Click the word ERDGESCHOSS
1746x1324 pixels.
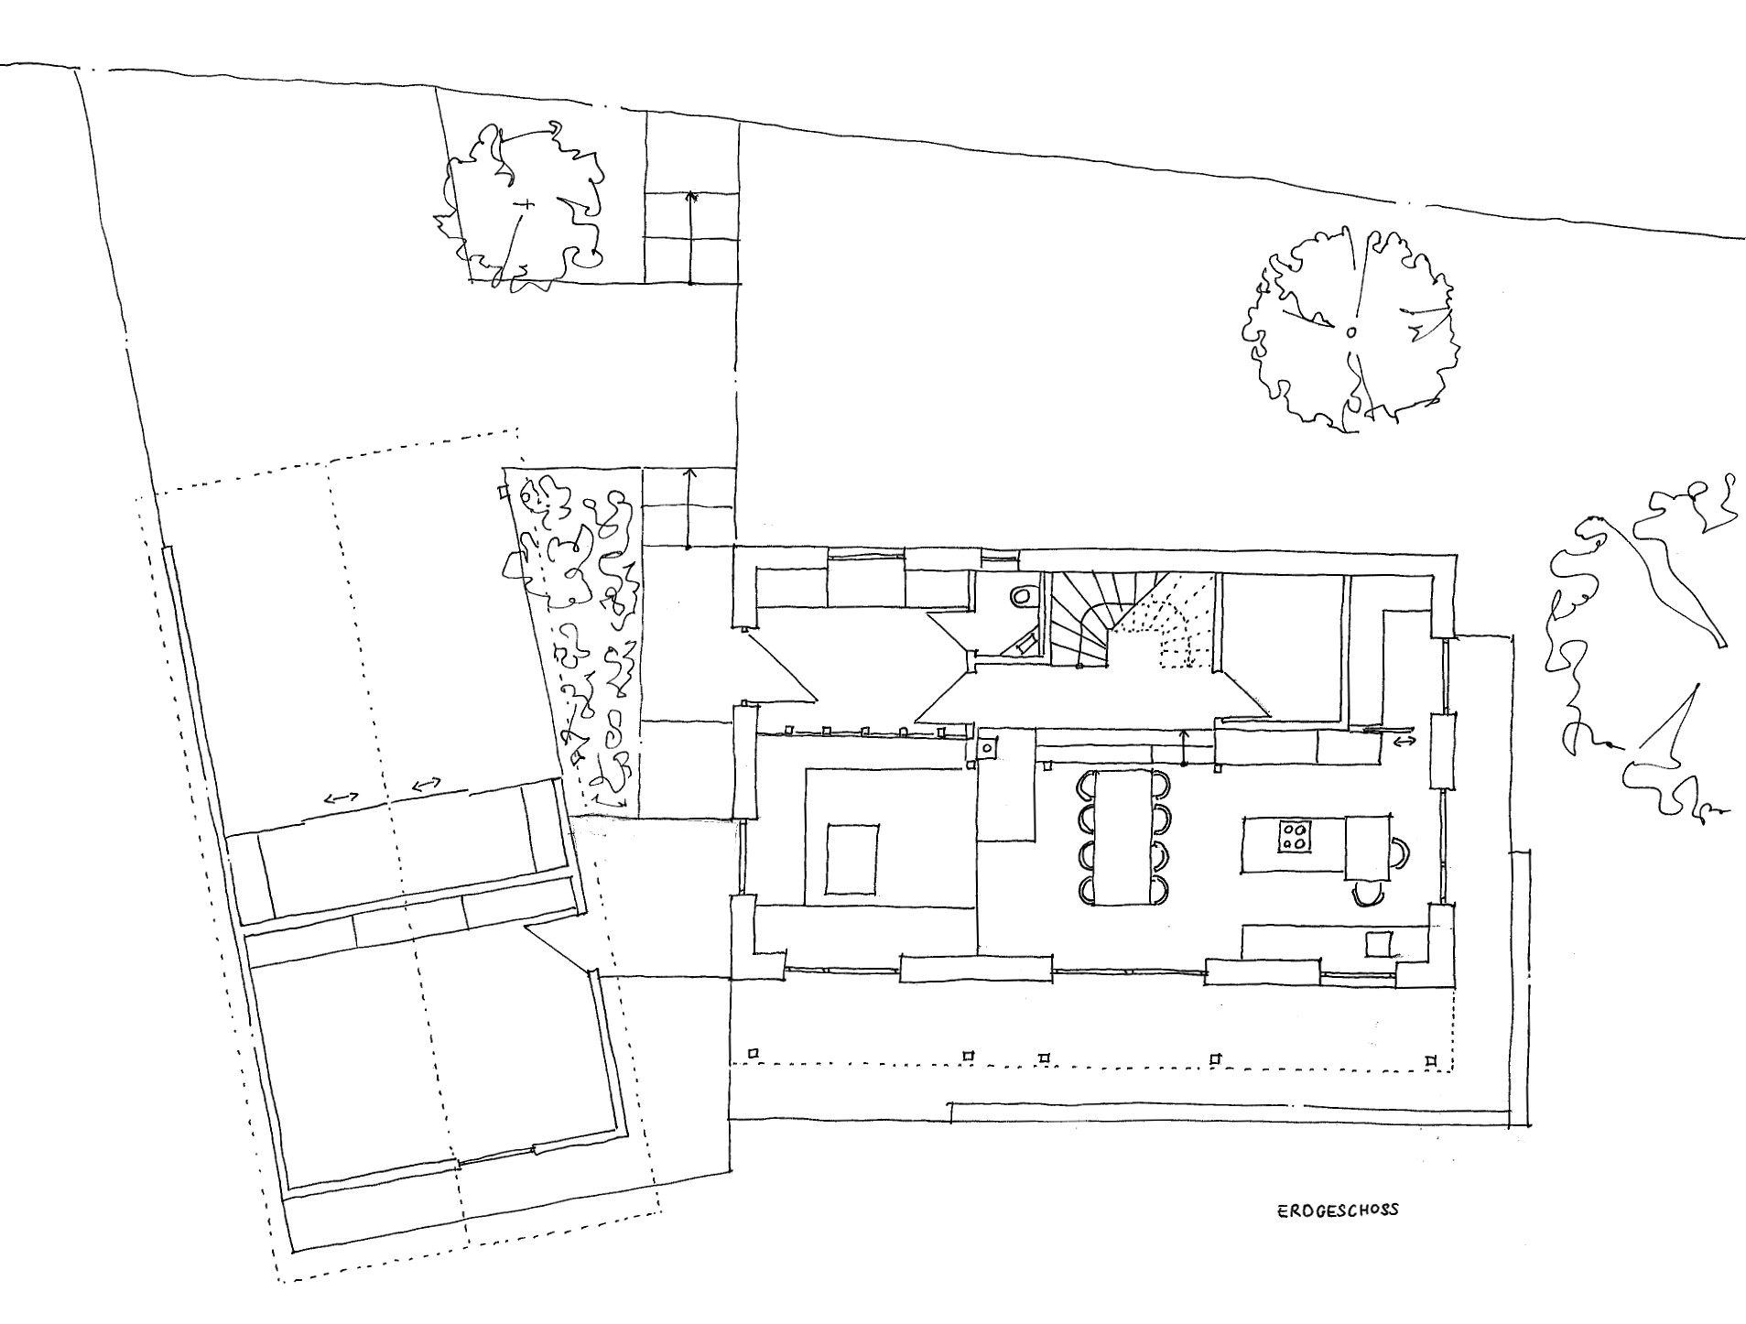(1338, 1210)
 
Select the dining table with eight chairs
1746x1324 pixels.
(1122, 837)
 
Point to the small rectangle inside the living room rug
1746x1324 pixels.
(852, 859)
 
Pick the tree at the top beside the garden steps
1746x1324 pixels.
(522, 207)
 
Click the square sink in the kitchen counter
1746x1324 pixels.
(1379, 943)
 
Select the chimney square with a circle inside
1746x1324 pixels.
(988, 747)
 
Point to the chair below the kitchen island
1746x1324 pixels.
(1364, 897)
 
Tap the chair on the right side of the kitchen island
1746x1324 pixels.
(1400, 852)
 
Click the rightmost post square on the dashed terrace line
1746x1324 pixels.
(1431, 1059)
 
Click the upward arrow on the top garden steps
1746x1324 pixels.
(691, 237)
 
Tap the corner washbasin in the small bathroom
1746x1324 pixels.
(1019, 646)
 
